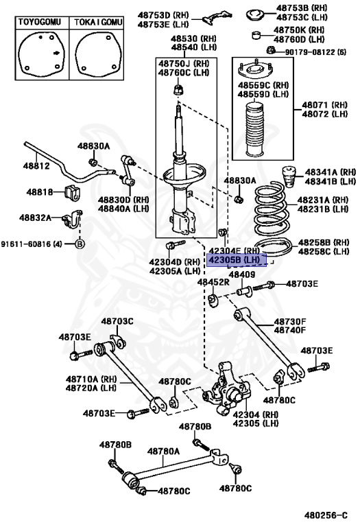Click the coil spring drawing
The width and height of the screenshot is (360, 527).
[273, 220]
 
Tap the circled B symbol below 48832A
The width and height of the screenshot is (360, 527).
[79, 244]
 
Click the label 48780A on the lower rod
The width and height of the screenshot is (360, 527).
[164, 451]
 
